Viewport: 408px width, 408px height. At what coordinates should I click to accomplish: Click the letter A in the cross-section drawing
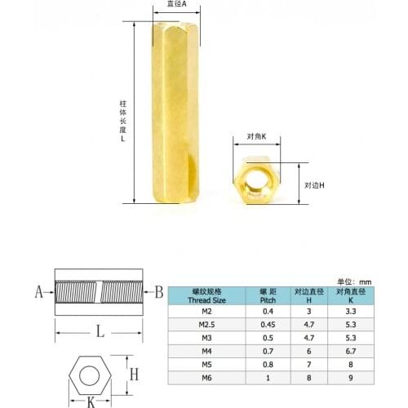(39, 290)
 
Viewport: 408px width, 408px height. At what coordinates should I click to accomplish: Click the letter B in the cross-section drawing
(159, 291)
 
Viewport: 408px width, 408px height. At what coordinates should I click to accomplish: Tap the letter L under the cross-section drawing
(99, 331)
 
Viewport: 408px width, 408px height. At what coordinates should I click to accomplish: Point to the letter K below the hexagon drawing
(91, 401)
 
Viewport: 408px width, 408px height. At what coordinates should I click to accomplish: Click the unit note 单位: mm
(353, 280)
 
